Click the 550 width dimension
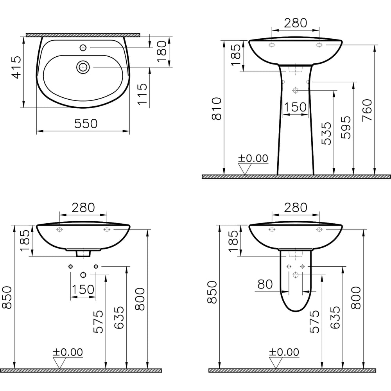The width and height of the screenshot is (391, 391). (86, 124)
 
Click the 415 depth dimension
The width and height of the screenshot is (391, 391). (17, 67)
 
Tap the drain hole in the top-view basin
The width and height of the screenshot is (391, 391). (83, 67)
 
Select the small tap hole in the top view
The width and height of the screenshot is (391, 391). (83, 48)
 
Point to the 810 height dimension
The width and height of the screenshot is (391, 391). (217, 109)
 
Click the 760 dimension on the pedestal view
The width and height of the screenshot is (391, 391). (367, 111)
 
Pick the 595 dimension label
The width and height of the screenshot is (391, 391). (346, 127)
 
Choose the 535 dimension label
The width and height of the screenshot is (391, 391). (326, 133)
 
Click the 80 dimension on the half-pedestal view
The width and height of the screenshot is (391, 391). (265, 284)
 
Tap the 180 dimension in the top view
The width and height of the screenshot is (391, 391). (162, 51)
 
